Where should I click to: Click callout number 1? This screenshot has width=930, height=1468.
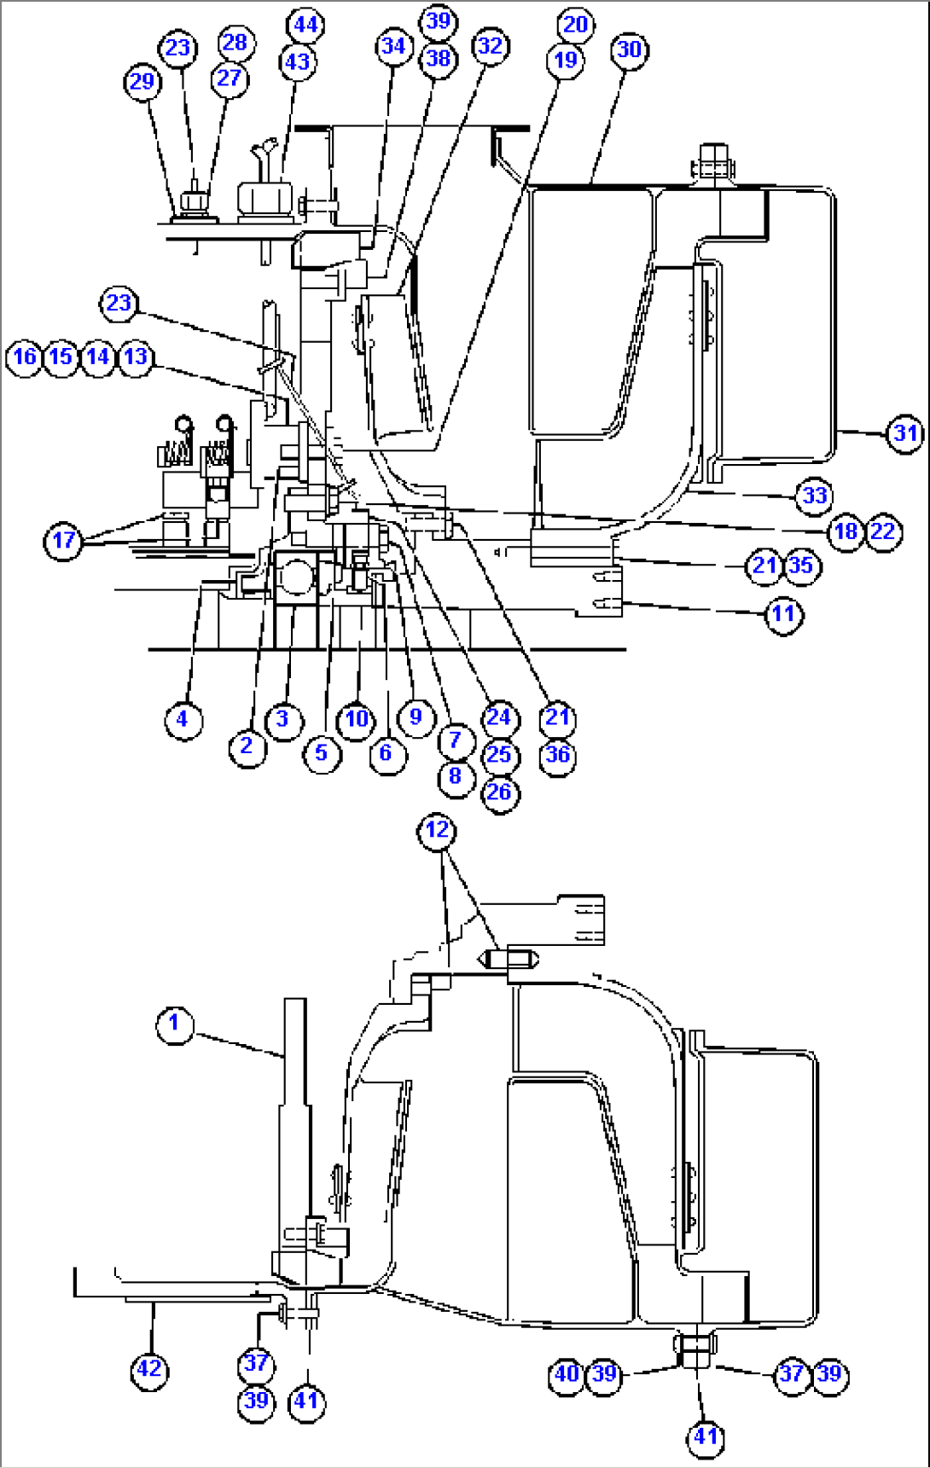point(175,1023)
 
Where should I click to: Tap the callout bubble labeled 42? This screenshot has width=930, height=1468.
point(149,1369)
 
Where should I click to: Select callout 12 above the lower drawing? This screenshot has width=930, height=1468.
point(437,830)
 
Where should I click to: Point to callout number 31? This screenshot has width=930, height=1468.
point(904,433)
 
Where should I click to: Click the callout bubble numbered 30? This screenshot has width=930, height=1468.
point(629,49)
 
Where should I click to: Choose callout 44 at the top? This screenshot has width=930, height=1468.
point(305,25)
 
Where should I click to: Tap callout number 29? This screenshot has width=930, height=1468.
point(142,82)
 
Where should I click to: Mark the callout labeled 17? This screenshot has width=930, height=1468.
point(64,540)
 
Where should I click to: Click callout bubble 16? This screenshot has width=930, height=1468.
point(25,356)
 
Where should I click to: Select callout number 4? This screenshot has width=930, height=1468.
point(182,719)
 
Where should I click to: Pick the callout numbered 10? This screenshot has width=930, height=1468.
point(356,719)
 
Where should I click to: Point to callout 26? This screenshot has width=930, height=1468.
point(499,792)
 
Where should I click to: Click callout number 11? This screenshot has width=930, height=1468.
point(782,613)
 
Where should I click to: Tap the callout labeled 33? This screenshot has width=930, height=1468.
point(814,496)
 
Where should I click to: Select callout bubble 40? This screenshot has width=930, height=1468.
point(567,1374)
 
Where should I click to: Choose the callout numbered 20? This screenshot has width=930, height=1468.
point(576,24)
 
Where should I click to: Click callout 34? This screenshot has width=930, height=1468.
point(392,46)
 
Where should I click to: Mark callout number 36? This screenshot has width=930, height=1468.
point(557,755)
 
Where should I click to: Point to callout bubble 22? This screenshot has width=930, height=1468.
point(883,531)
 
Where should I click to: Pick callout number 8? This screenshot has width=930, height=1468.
point(455,776)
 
